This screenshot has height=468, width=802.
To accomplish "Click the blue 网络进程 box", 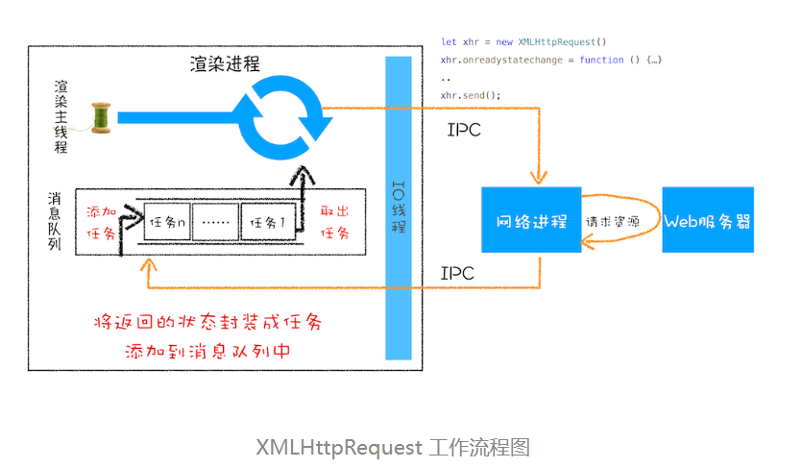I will click(x=531, y=220).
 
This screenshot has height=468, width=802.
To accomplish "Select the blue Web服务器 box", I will click(x=708, y=221).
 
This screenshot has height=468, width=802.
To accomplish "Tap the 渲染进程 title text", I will click(x=225, y=64).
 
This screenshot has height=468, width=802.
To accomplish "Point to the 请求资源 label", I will click(x=613, y=221).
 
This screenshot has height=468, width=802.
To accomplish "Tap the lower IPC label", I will click(x=457, y=273).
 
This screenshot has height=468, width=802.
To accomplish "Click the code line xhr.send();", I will click(x=471, y=95).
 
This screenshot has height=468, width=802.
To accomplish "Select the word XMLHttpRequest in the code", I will click(x=557, y=42).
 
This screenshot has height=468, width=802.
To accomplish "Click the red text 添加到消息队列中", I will click(x=207, y=351).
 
